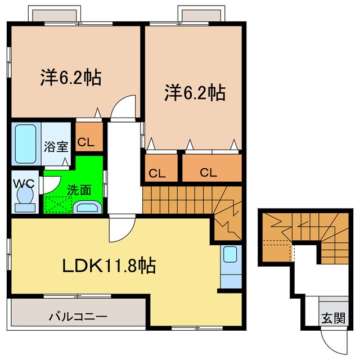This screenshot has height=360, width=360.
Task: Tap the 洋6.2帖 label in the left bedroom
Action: pyautogui.click(x=71, y=78)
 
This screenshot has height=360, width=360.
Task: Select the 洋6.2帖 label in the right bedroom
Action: pyautogui.click(x=195, y=92)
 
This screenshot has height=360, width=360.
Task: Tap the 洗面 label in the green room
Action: pyautogui.click(x=79, y=190)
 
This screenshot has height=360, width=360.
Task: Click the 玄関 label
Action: pyautogui.click(x=333, y=318)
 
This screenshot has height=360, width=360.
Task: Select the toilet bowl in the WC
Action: pyautogui.click(x=24, y=197)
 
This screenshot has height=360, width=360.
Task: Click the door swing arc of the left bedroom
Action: pyautogui.click(x=123, y=107)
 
